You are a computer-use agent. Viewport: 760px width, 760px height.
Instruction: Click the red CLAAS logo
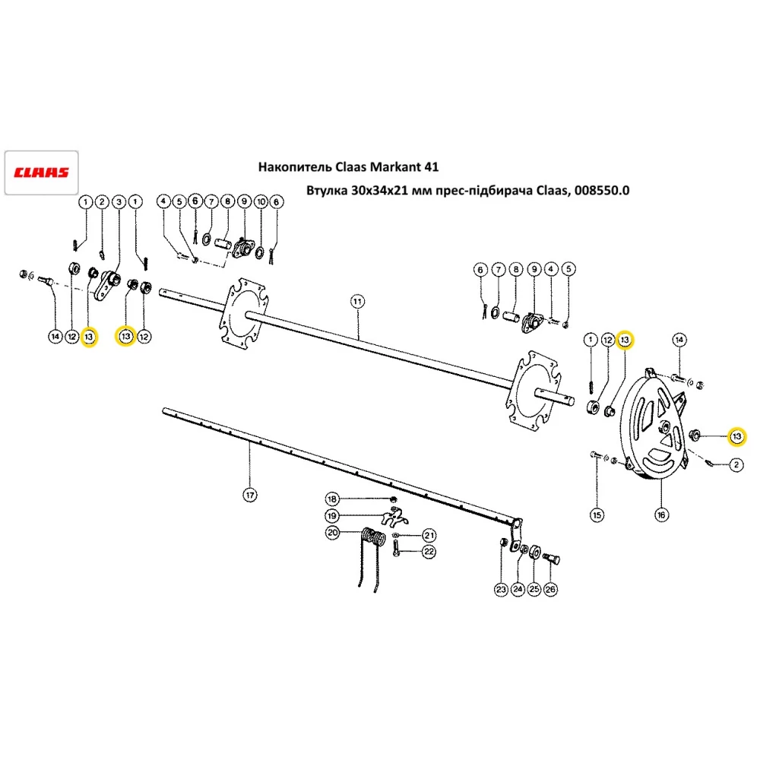(42, 172)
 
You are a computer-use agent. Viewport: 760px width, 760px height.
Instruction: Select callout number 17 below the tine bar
(249, 496)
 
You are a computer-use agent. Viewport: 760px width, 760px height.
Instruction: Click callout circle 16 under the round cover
(660, 515)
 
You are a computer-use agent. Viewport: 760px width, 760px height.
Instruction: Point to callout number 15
(597, 515)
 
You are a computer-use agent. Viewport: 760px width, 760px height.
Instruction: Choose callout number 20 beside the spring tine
(332, 533)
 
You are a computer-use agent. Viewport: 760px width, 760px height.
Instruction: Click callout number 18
(332, 499)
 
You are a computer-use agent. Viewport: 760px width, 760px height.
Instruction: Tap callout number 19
(332, 516)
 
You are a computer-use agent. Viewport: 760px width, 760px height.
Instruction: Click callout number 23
(500, 589)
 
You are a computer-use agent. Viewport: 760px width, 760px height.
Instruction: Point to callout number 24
(518, 589)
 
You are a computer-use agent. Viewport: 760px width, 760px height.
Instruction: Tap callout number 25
(534, 589)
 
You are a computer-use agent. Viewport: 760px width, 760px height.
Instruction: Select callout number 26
(551, 589)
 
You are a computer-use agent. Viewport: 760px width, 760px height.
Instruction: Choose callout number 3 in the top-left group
(119, 201)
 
